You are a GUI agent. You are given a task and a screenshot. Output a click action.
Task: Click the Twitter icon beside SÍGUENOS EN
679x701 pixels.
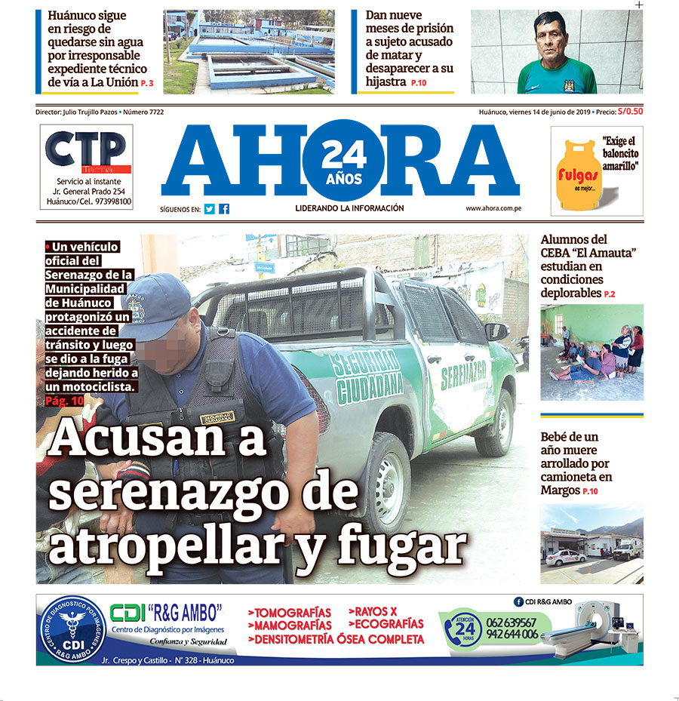tap(210, 209)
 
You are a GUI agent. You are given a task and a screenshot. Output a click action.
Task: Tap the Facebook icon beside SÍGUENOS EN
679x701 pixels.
tap(224, 209)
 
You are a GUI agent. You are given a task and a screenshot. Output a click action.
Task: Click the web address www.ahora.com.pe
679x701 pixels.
tap(495, 208)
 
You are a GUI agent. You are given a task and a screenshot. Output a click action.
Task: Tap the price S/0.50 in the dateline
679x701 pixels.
tap(630, 112)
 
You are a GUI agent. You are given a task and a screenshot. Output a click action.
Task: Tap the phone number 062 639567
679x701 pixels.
tap(512, 622)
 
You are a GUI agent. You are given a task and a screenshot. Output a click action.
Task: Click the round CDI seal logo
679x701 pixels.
tap(72, 630)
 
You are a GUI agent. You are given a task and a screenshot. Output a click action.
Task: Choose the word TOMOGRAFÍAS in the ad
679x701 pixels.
tap(290, 612)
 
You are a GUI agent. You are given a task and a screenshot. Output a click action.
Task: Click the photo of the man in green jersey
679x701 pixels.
tap(556, 52)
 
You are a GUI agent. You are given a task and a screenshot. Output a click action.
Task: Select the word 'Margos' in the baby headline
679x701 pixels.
tap(560, 490)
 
